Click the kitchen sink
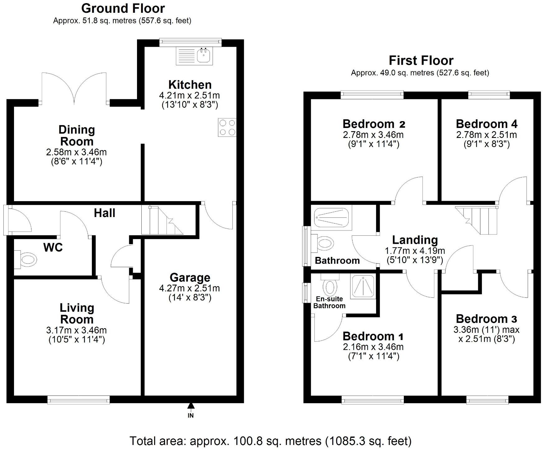[x=194, y=56]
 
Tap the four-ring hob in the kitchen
[x=227, y=127]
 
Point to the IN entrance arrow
[x=191, y=405]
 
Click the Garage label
[x=190, y=277]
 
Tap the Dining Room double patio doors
[x=74, y=88]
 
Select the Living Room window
[x=79, y=399]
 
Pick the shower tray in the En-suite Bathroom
[x=363, y=286]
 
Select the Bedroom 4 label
[x=487, y=124]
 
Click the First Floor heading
[x=421, y=60]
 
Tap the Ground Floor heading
[x=123, y=8]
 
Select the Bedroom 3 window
[x=487, y=399]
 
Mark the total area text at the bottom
[x=270, y=441]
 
